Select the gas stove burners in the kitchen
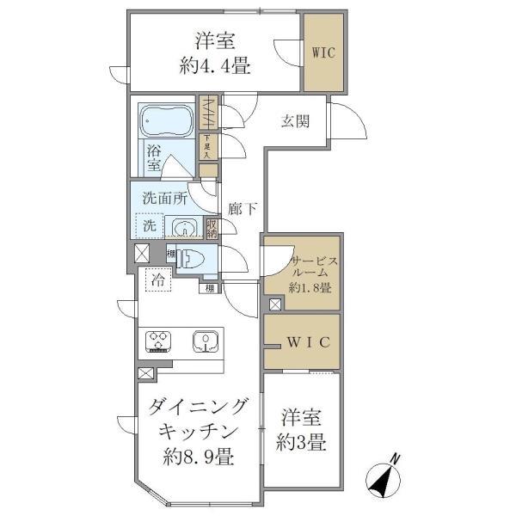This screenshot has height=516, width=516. [160, 341]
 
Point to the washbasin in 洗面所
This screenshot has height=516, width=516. [183, 227]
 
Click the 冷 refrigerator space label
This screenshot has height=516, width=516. [158, 279]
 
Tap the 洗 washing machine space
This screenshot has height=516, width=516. [150, 226]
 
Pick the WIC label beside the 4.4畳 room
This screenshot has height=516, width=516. [324, 51]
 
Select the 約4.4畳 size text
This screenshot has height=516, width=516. [216, 67]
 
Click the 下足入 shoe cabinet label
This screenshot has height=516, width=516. [206, 145]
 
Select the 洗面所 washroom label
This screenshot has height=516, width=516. [164, 197]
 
